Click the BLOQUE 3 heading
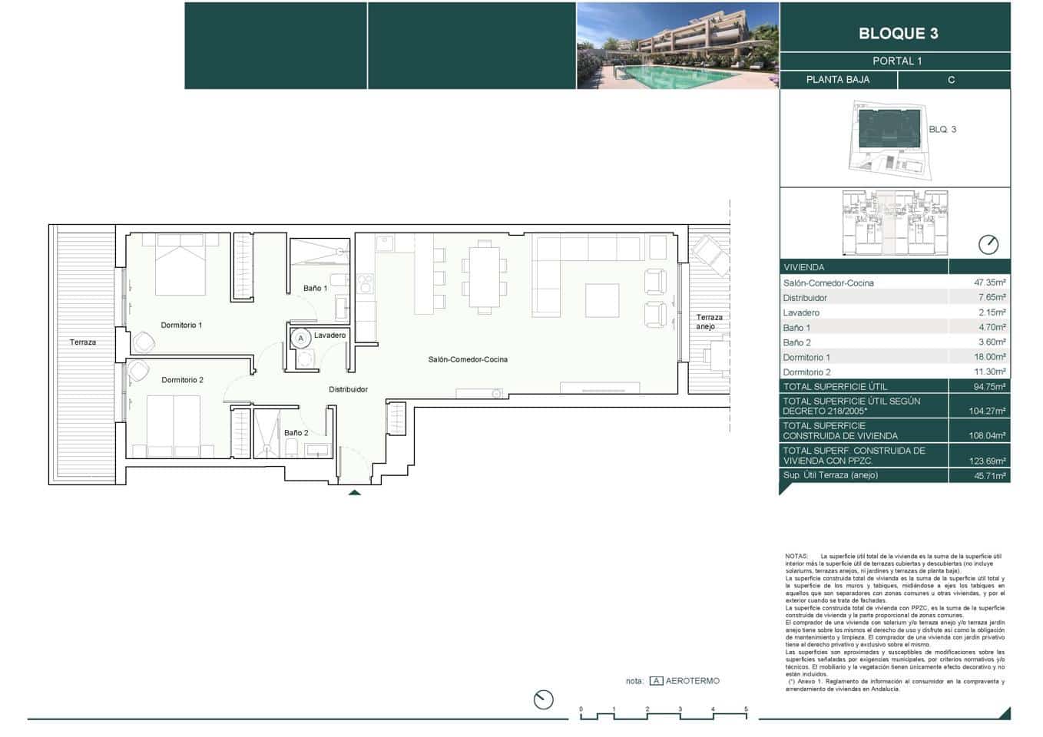pos(898,33)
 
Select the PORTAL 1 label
pos(897,61)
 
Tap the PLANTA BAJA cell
pos(837,80)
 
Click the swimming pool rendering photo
pos(677,46)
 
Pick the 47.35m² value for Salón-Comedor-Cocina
pos(989,283)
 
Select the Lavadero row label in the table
pos(801,313)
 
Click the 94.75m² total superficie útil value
pos(989,387)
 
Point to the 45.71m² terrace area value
pos(989,476)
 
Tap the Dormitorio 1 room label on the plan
pos(181,326)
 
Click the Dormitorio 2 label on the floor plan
pos(182,380)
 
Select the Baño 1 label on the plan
pos(315,289)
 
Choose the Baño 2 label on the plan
pos(296,433)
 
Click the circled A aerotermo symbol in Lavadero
pos(301,338)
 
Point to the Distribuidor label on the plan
pos(348,389)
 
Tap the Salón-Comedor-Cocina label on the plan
pos(468,359)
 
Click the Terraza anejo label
pos(708,322)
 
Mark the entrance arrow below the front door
pos(354,492)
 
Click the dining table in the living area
pos(484,277)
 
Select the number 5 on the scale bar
pos(745,709)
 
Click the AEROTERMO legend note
pos(692,681)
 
